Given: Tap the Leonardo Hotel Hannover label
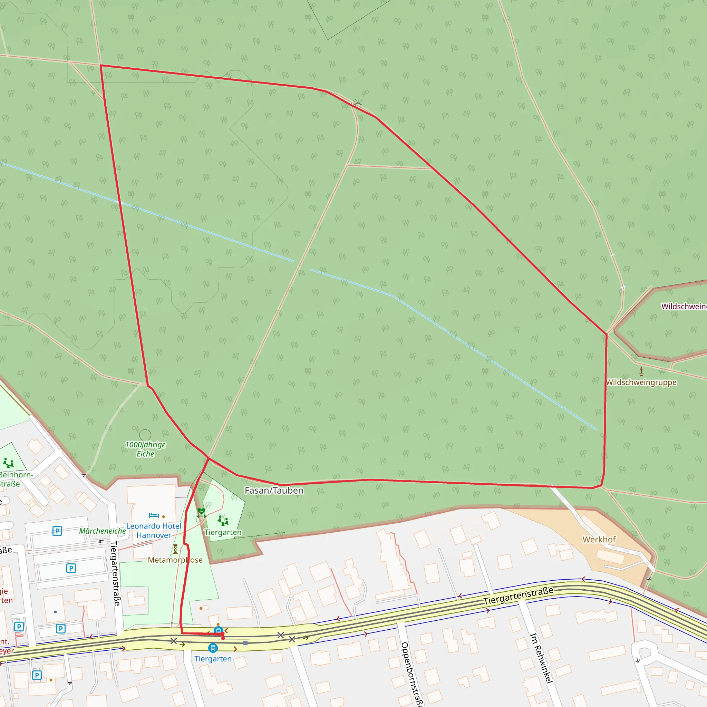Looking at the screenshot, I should (x=154, y=531).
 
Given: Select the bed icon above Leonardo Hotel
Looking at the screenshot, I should (x=154, y=516).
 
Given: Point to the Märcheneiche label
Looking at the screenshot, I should (x=103, y=531).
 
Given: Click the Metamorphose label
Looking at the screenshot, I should (x=175, y=560).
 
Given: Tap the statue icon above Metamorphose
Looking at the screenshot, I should (x=175, y=549).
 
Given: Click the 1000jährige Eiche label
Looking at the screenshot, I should (x=145, y=449).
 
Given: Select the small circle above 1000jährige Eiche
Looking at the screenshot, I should (x=145, y=435).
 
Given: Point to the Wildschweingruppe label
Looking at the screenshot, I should (x=641, y=382).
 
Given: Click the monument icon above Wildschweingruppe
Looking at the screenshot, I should (x=641, y=372).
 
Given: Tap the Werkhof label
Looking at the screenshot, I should (x=599, y=540).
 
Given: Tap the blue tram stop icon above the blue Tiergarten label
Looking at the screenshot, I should (x=213, y=648).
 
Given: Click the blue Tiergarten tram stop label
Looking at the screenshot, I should (x=213, y=659).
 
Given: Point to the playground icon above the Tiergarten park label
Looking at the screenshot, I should (x=223, y=520).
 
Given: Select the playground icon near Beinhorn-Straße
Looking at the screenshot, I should (x=8, y=463).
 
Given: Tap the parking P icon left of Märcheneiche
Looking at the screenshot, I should (x=57, y=531).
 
